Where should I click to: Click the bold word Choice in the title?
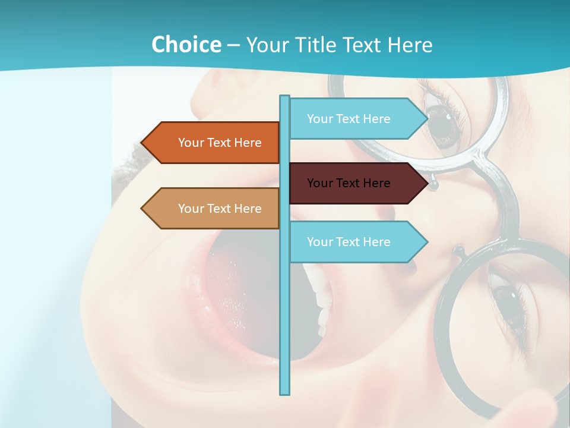tap(186, 45)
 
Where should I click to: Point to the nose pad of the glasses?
tap(434, 184)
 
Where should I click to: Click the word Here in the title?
tap(410, 45)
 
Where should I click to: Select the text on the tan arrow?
tap(220, 209)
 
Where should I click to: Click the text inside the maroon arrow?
tap(349, 183)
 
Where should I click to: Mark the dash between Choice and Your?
tap(233, 45)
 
